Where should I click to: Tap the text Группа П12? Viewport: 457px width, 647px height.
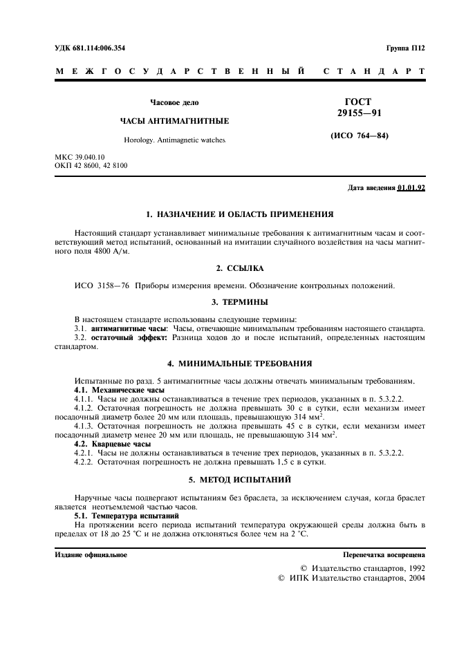pyautogui.click(x=405, y=48)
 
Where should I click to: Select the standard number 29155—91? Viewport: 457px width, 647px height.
pyautogui.click(x=359, y=113)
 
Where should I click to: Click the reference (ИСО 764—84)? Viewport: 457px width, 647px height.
pyautogui.click(x=360, y=135)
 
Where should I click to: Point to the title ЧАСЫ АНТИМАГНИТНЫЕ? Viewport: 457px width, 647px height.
pyautogui.click(x=175, y=120)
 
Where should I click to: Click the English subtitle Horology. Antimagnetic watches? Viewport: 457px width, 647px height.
pyautogui.click(x=174, y=140)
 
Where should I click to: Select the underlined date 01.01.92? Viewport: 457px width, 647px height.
pyautogui.click(x=412, y=188)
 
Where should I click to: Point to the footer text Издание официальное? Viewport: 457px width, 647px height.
pyautogui.click(x=91, y=555)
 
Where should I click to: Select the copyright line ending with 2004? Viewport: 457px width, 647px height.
pyautogui.click(x=351, y=578)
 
